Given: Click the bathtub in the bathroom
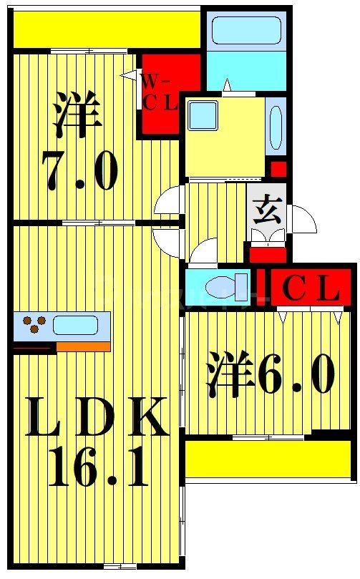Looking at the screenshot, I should pos(246,31).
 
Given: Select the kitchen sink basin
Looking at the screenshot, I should pos(75,325).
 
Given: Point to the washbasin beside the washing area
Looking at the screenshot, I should pos(276,127).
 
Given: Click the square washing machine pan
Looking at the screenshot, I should pos(203,115).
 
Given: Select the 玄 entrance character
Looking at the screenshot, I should pos(266,210).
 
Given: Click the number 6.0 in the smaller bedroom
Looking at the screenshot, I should pos(296,375).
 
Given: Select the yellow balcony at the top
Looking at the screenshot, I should pos(106,29).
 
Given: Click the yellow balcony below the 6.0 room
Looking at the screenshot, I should pos(268,458).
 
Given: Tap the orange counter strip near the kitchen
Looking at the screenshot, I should pos(83,347).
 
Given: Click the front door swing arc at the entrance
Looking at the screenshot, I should pos(302,218).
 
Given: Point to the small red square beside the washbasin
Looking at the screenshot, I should pos(278,170).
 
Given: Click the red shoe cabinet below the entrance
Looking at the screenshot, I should pos(267,253).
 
